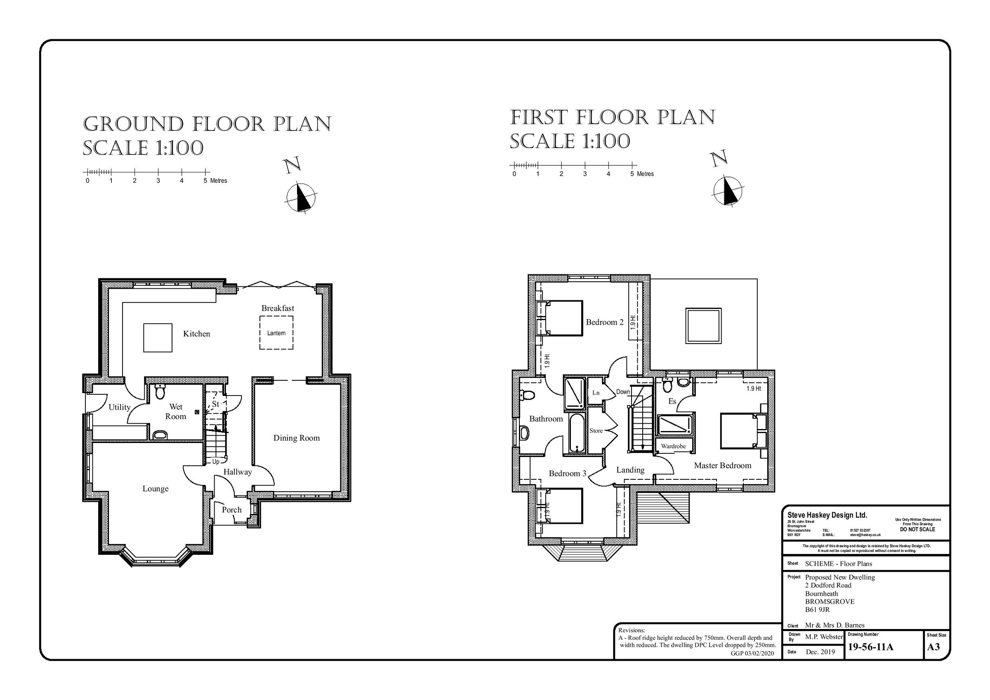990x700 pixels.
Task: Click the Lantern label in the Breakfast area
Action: (276, 333)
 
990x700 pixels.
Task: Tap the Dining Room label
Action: (297, 438)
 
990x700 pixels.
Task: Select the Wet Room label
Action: (175, 411)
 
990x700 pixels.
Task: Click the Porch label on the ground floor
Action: (231, 509)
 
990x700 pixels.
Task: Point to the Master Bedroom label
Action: (722, 465)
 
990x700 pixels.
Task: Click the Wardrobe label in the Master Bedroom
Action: (673, 446)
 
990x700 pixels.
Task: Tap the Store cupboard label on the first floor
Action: (596, 431)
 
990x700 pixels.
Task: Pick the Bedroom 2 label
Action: (605, 322)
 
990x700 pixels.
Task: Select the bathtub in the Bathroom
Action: (577, 433)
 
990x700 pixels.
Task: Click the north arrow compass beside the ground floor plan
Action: (301, 198)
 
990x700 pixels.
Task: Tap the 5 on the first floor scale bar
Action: (632, 174)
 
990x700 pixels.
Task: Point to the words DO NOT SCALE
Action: (917, 529)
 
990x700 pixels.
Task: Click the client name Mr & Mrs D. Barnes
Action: (834, 625)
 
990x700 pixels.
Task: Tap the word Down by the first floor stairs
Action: (623, 391)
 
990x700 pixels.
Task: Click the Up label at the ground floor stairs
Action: (216, 462)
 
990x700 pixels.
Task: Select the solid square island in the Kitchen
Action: (158, 338)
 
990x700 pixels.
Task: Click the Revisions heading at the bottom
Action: (631, 630)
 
